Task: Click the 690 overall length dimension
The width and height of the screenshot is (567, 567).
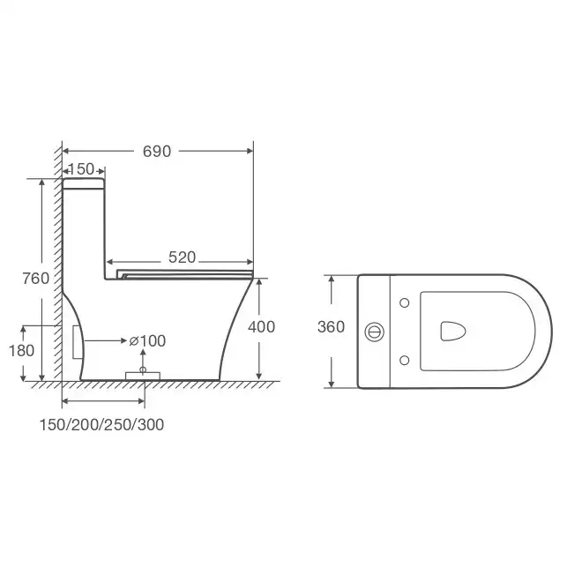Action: pos(157,152)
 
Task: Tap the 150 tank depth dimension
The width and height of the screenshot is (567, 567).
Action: pos(81,169)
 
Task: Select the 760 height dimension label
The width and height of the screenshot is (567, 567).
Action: pos(36,279)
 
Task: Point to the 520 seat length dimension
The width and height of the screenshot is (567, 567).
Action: pos(183,257)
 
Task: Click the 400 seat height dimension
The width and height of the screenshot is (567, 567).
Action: pos(261,327)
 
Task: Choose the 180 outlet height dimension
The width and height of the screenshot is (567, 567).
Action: pos(22,350)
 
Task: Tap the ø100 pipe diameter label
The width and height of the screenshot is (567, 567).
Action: pos(147,341)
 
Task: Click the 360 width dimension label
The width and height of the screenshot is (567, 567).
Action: pos(331,327)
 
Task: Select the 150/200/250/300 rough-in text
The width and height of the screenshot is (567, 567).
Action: pos(101,424)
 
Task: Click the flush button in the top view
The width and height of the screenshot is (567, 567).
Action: pos(374,332)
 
